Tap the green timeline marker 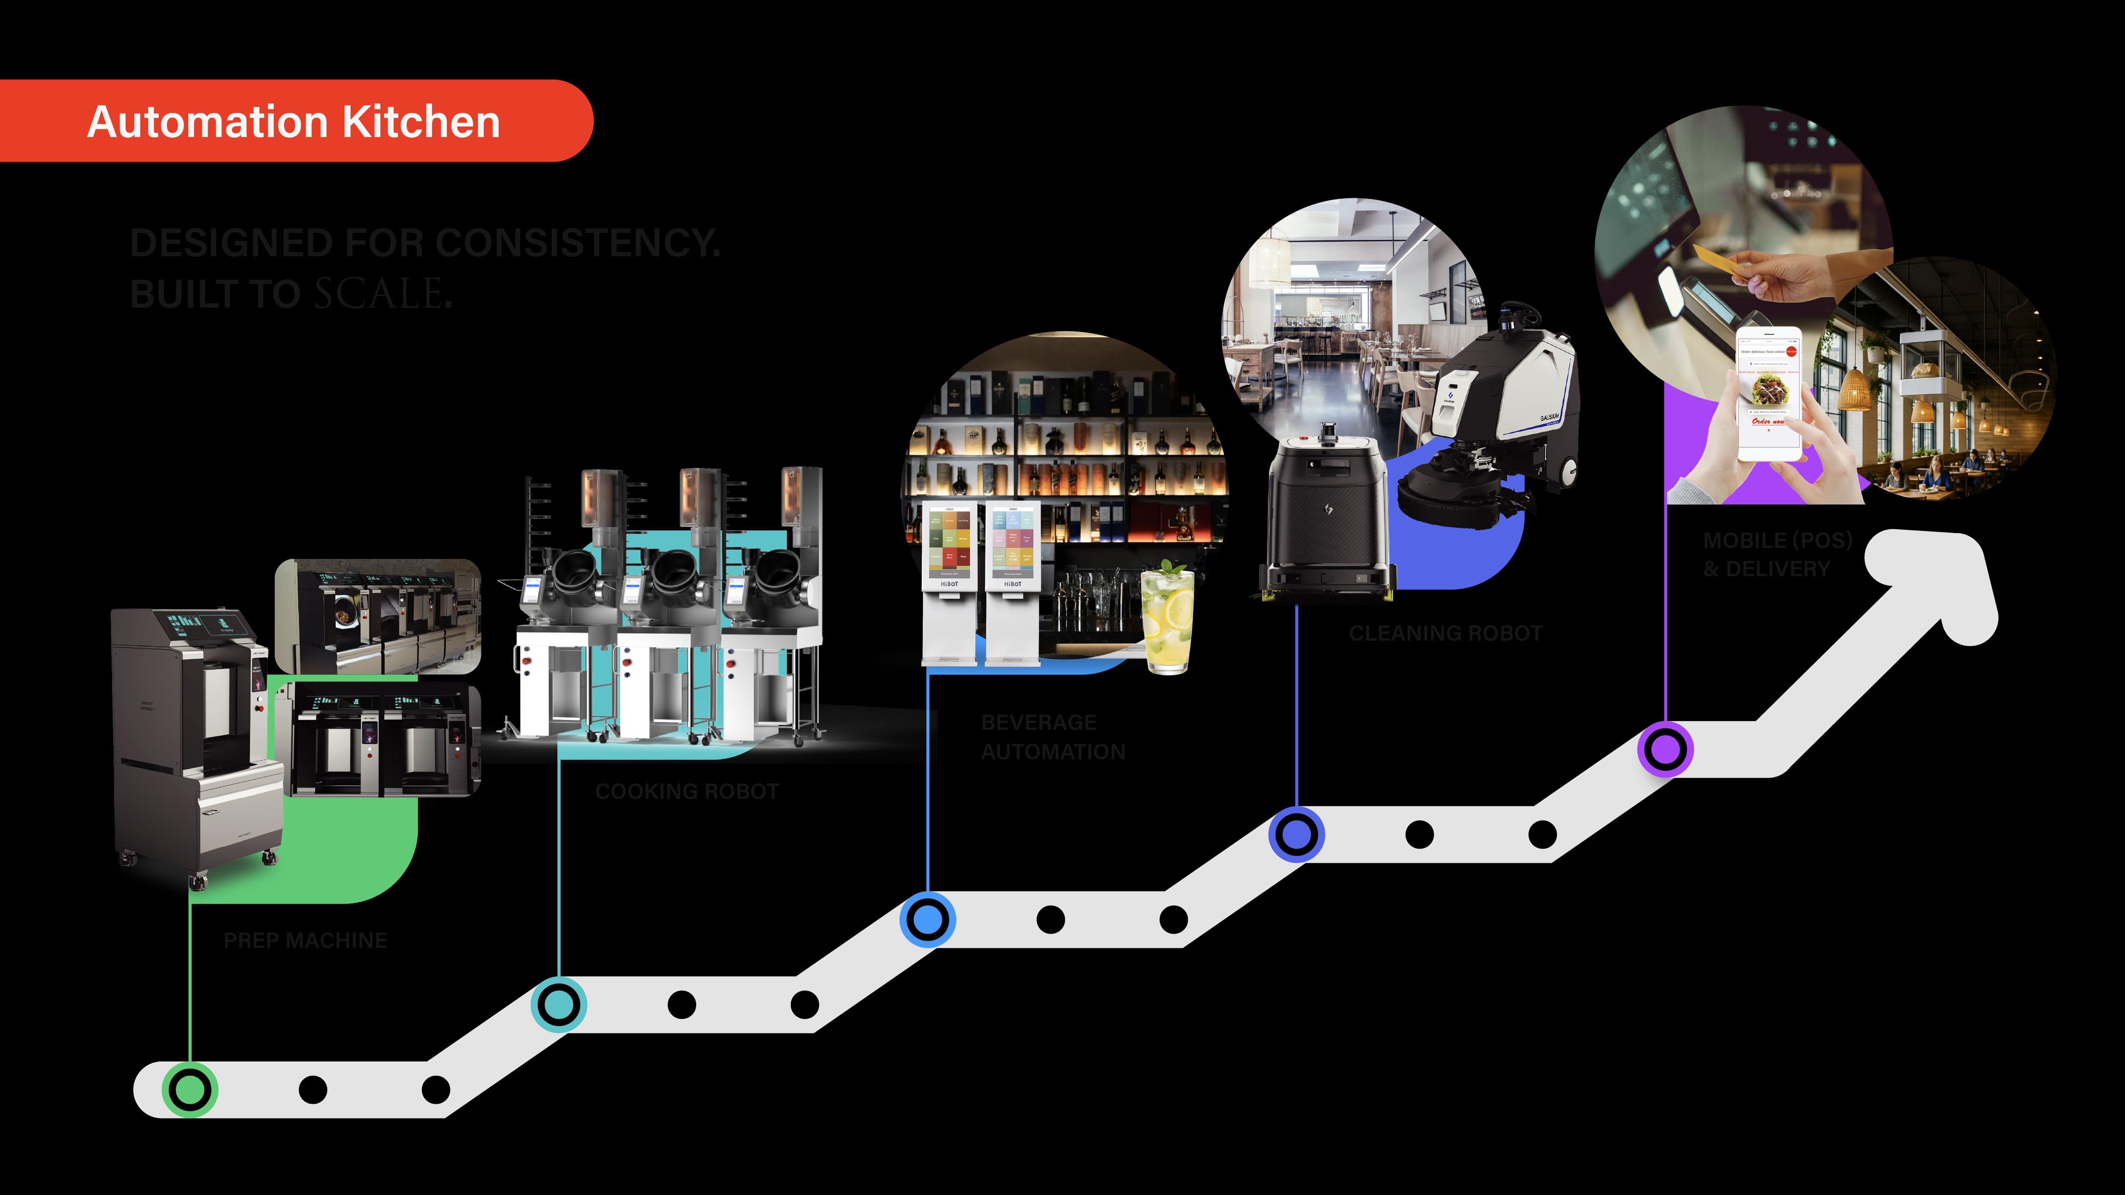[x=191, y=1089]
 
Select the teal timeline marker [x=559, y=1004]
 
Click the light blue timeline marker [x=927, y=919]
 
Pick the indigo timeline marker [x=1296, y=834]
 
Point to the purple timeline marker [x=1665, y=750]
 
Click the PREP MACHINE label [x=305, y=940]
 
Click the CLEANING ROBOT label [x=1445, y=633]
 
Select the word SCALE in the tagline [x=379, y=293]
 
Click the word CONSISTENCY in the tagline [x=577, y=243]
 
